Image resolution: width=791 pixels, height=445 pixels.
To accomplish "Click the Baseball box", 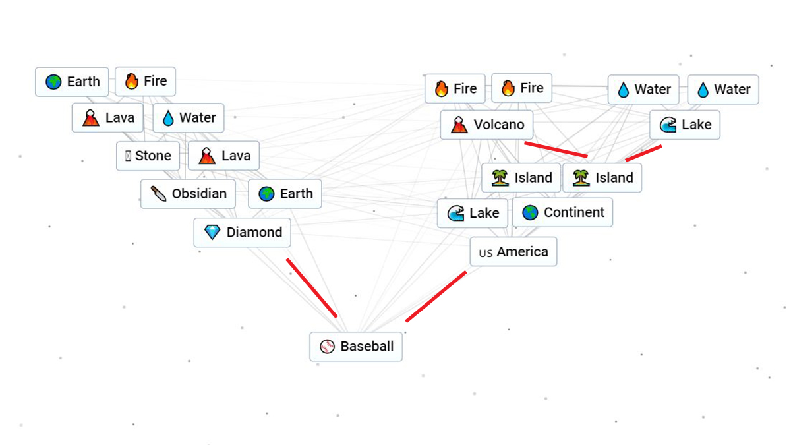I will point(356,346).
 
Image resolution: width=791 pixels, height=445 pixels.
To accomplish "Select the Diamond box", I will point(243,232).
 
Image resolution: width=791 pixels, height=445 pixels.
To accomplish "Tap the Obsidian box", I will point(188,194).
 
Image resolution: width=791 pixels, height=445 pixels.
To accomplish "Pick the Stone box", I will point(148,156).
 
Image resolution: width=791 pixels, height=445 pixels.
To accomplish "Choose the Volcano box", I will point(486,125).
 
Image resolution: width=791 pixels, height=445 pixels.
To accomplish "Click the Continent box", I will point(562,212).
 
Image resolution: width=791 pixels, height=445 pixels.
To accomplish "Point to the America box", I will point(513,252).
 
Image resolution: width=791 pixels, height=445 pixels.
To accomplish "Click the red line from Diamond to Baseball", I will point(312,287).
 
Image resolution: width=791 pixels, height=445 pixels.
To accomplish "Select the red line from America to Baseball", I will point(436,296).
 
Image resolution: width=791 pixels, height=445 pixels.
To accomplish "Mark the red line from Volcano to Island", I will point(555,149).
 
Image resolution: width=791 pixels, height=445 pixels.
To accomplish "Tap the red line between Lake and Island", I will point(643,153).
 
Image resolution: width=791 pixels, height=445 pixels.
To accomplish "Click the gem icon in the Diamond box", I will point(212,232).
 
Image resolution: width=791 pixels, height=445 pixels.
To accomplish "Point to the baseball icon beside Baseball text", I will point(327,347).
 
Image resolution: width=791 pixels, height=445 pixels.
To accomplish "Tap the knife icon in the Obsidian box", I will point(158,194).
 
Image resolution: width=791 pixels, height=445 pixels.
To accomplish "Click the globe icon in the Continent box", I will point(530,212).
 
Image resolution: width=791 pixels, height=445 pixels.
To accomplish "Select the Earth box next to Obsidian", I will point(285,194).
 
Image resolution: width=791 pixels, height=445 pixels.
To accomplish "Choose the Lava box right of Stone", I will point(224,156).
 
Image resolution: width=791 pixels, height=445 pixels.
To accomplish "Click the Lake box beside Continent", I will point(473,213).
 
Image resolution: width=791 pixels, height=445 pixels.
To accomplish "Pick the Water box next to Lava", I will point(189,118).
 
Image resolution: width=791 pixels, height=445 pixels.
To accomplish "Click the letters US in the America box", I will point(486,252).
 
